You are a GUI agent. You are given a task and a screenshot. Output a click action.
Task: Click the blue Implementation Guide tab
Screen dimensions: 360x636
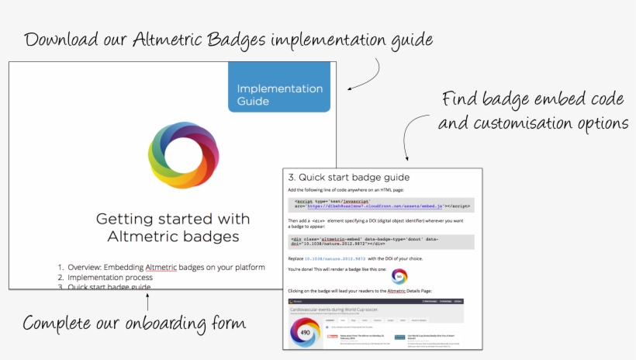coord(279,88)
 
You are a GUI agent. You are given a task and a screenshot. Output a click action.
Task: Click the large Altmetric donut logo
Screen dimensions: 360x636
coord(184,149)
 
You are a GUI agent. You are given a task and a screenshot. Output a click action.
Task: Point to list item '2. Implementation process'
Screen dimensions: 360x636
coord(110,277)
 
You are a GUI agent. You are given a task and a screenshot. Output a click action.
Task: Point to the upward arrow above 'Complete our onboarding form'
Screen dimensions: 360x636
coord(147,299)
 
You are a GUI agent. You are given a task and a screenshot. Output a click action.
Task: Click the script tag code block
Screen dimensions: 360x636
coord(380,205)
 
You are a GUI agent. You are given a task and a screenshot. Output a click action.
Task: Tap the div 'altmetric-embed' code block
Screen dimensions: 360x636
coord(380,241)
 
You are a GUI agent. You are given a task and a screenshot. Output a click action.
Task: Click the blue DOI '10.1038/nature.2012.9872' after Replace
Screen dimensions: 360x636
coord(334,257)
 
